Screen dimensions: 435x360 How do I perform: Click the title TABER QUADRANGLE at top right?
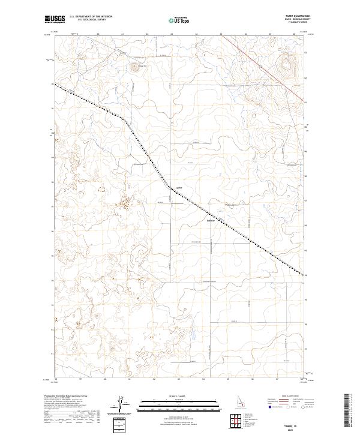click(298, 16)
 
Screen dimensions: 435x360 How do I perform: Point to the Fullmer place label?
click(211, 220)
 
